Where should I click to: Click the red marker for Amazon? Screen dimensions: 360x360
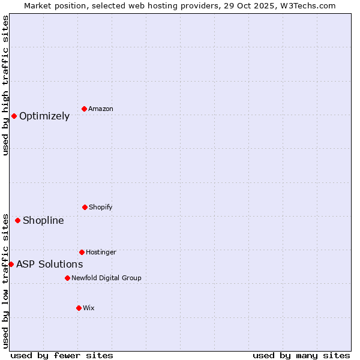tap(85, 109)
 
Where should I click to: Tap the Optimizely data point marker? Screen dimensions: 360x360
tap(14, 116)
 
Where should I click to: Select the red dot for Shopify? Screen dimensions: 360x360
tap(85, 207)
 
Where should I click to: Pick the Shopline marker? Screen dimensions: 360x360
tap(17, 220)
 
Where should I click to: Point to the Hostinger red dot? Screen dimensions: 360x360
tap(82, 252)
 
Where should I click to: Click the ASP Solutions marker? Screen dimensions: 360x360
tap(11, 264)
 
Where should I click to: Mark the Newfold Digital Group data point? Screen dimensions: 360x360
tap(67, 278)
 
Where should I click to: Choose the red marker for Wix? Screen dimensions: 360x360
tap(79, 308)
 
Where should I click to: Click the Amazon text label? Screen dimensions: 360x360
tap(101, 109)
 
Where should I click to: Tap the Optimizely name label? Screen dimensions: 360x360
tap(44, 116)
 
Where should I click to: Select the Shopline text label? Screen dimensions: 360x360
tap(43, 220)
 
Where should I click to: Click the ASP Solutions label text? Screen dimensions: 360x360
tap(50, 264)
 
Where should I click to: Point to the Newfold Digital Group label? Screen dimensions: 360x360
tap(106, 278)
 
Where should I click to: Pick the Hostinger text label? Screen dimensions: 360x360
tap(101, 252)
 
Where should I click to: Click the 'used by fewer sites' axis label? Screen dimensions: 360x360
tap(62, 355)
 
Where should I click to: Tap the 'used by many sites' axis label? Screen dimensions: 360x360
tap(301, 355)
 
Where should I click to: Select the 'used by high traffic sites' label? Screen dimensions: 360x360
tap(5, 85)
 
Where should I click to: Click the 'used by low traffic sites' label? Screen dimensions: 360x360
tap(5, 281)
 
